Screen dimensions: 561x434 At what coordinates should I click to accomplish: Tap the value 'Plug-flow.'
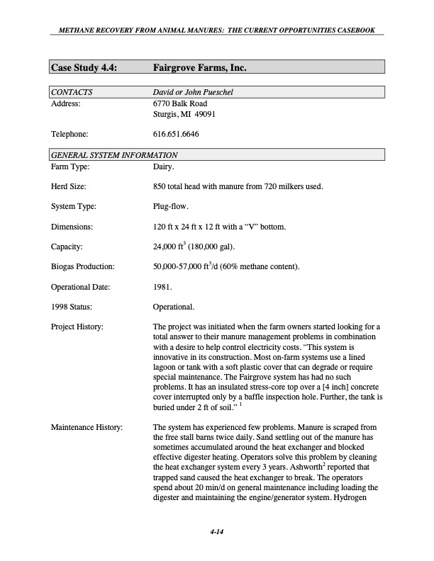pyautogui.click(x=172, y=207)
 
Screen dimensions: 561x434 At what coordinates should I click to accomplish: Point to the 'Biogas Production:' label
pyautogui.click(x=83, y=267)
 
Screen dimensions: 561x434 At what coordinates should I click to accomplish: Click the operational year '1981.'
pyautogui.click(x=162, y=288)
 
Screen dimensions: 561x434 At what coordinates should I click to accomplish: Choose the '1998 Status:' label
pyautogui.click(x=76, y=307)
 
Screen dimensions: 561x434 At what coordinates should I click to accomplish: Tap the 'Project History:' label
pyautogui.click(x=78, y=327)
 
